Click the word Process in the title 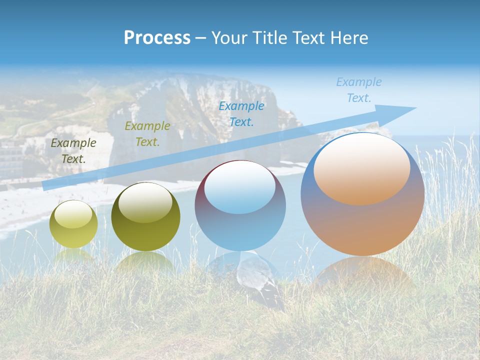click(157, 38)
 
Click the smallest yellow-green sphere click(73, 224)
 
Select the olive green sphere click(145, 217)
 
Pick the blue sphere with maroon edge click(240, 205)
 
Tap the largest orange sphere click(362, 194)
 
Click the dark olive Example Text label click(73, 151)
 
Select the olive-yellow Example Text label click(147, 134)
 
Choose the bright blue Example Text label click(241, 114)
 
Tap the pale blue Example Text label click(359, 90)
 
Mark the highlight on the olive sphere click(145, 202)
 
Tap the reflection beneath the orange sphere click(362, 272)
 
